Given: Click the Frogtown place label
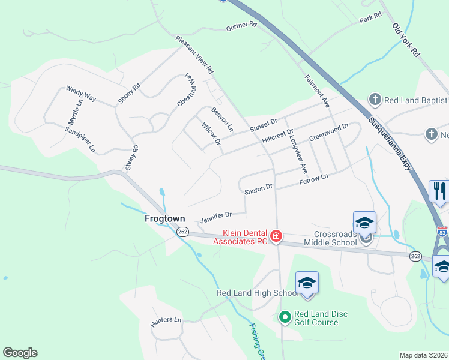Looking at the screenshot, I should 165,219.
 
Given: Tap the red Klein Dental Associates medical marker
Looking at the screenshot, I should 276,236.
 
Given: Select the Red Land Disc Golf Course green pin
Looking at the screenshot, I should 285,315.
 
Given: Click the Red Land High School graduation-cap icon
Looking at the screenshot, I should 307,282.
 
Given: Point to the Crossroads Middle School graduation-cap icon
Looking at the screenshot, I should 364,223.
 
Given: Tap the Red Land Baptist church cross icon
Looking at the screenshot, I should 375,100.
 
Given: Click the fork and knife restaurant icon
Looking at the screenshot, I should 439,191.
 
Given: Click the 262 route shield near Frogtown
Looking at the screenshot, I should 182,232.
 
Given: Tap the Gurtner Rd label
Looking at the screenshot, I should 241,26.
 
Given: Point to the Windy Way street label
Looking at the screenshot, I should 81,95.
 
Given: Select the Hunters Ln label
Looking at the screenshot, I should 166,320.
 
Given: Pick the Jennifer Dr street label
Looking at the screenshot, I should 214,216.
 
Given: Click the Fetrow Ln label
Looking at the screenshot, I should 315,178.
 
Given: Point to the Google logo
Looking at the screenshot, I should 20,353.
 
